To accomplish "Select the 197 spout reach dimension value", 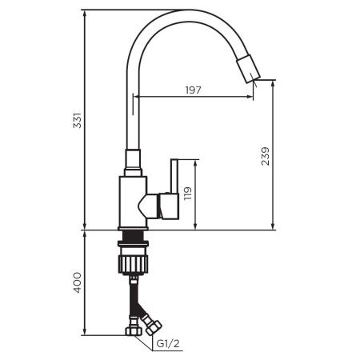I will (192, 90).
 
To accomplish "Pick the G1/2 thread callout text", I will (167, 345).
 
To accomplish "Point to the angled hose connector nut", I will (151, 326).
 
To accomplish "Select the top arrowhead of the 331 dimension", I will (86, 13).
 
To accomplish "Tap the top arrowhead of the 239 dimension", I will (274, 83).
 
